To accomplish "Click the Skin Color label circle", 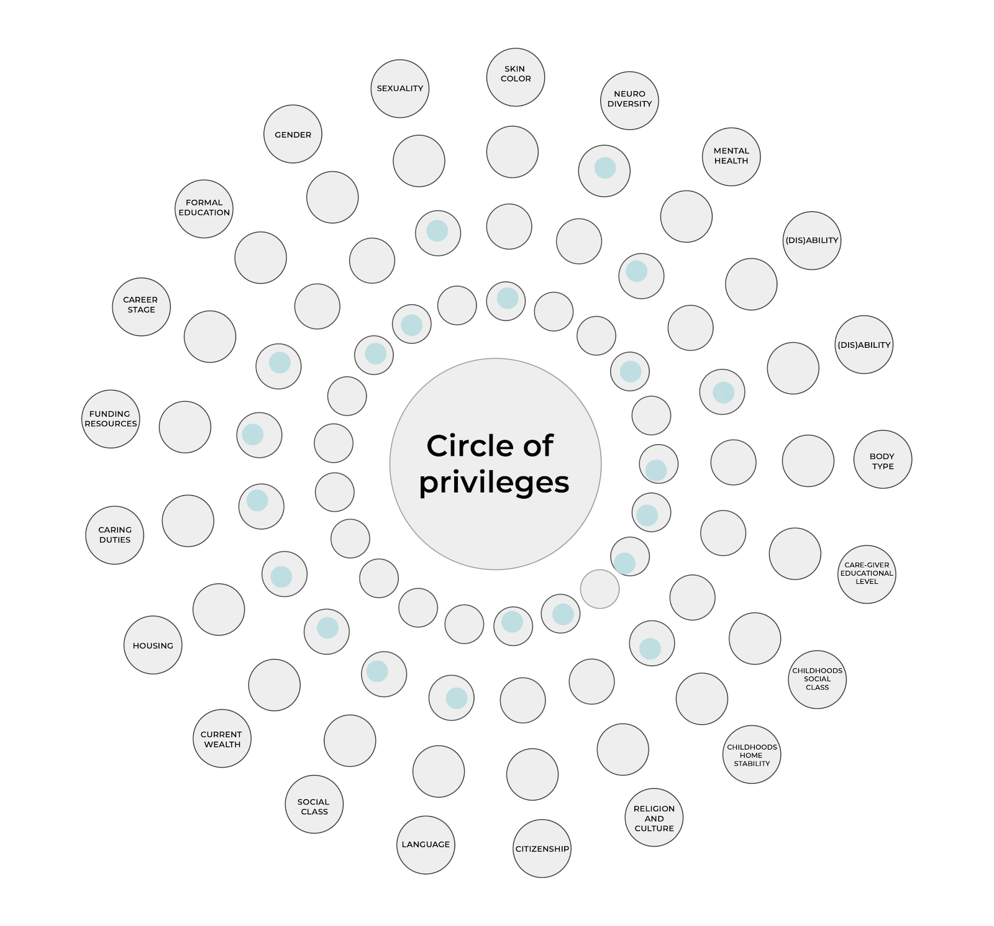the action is pos(516,77).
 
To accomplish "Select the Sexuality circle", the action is pos(400,88).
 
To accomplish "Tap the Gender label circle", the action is pos(293,134).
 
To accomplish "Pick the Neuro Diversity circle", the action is pos(629,100).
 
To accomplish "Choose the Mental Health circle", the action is pos(731,157).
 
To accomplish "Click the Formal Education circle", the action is pos(204,209).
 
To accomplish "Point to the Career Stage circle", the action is pos(141,306).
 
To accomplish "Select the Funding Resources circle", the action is pos(111,419).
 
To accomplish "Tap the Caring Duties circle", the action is pos(114,535).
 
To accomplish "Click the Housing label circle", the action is pos(153,645).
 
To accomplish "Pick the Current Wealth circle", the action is pos(222,738).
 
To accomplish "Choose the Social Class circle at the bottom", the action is pos(314,804).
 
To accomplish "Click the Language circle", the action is pos(426,845).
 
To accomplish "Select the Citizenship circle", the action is pos(542,848).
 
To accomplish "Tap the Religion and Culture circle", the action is pos(654,817).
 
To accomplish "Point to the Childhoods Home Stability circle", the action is pos(752,754).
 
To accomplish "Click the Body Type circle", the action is pos(882,459).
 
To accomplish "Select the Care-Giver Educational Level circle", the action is pos(867,574).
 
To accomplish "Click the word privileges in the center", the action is pos(494,483).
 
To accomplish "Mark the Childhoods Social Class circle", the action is pos(817,679).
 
